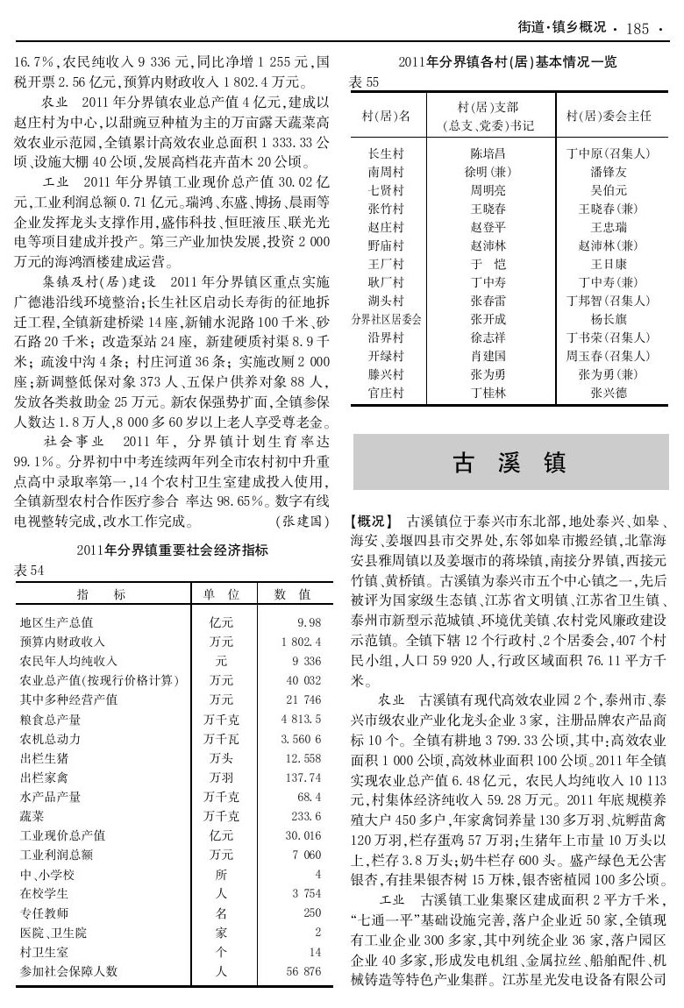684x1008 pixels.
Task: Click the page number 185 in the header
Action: (638, 29)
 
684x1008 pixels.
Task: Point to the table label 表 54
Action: (30, 570)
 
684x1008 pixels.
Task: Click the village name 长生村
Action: (386, 153)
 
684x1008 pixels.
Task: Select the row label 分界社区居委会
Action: (387, 319)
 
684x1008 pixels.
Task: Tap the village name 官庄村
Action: (386, 394)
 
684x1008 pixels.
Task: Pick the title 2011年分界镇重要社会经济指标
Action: (171, 550)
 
